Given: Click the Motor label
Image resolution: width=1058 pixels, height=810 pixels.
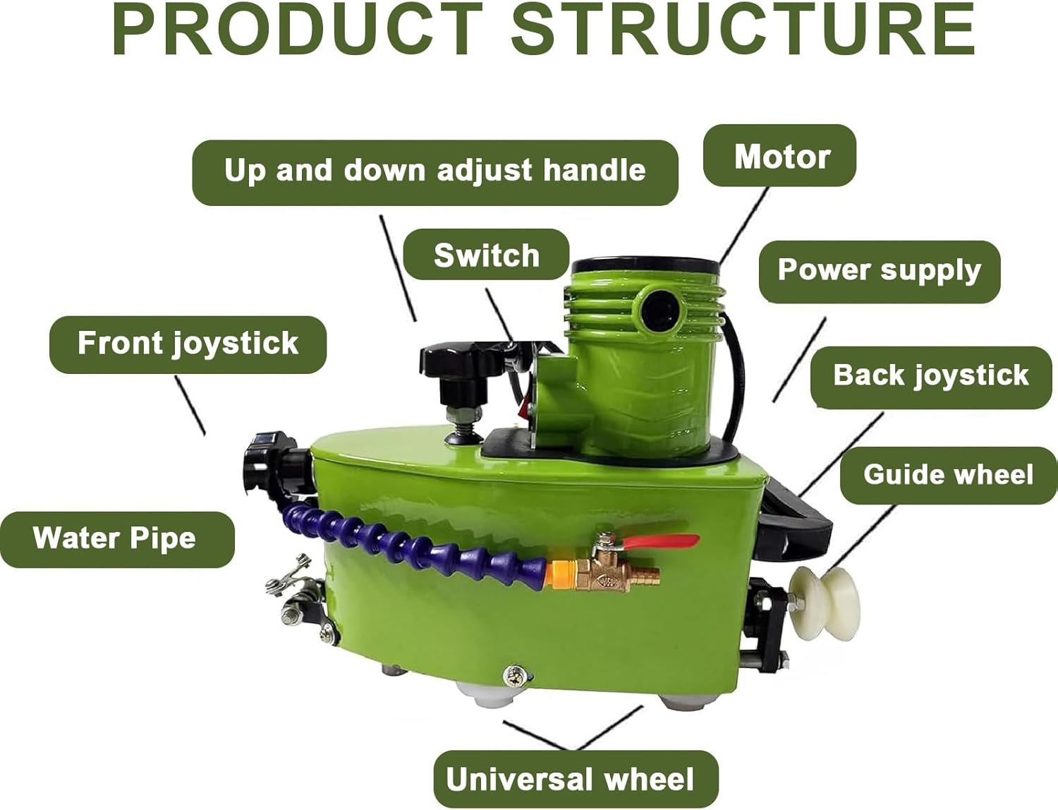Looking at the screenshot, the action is (779, 155).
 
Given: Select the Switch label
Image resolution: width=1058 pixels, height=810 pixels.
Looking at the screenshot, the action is (486, 254).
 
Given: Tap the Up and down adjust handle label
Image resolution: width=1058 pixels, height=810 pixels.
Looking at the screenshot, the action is (434, 172).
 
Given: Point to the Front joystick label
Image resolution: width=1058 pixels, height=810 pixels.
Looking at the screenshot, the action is (188, 344).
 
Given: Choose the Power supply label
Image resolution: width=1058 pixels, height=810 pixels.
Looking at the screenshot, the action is (879, 272).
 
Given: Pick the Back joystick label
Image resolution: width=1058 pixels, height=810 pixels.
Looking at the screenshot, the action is (931, 377).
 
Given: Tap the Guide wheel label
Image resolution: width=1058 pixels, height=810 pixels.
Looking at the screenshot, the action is (949, 476).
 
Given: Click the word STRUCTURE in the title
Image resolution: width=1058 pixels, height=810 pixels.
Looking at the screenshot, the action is (743, 30).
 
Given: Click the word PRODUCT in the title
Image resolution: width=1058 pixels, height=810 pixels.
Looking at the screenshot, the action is (298, 30).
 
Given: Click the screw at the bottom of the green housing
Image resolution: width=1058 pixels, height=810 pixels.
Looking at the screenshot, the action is (516, 676).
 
